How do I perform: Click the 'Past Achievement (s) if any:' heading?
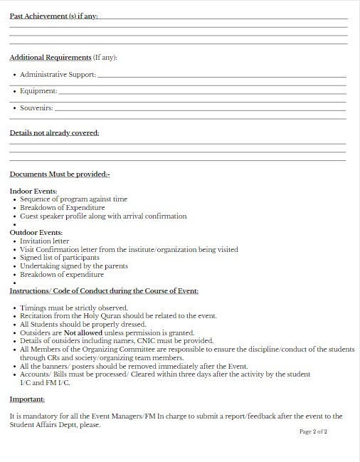pos(53,16)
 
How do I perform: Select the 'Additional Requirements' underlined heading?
pos(51,57)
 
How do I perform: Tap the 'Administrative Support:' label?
pos(58,74)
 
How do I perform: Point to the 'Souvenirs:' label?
pos(36,108)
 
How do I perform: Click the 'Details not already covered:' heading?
pos(54,133)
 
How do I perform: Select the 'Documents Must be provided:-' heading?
pos(60,174)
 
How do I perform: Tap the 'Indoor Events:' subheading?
pos(33,191)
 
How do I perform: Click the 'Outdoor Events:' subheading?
pos(36,233)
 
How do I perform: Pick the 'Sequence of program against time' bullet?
pos(73,199)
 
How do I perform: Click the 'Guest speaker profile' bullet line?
pos(103,216)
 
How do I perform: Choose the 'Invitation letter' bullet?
pos(45,241)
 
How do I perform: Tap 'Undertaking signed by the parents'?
pos(74,266)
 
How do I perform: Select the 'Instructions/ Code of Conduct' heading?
pos(104,291)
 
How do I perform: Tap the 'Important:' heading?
pos(26,399)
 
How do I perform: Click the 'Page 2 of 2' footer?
pos(313,432)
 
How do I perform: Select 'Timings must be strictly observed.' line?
pos(74,308)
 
